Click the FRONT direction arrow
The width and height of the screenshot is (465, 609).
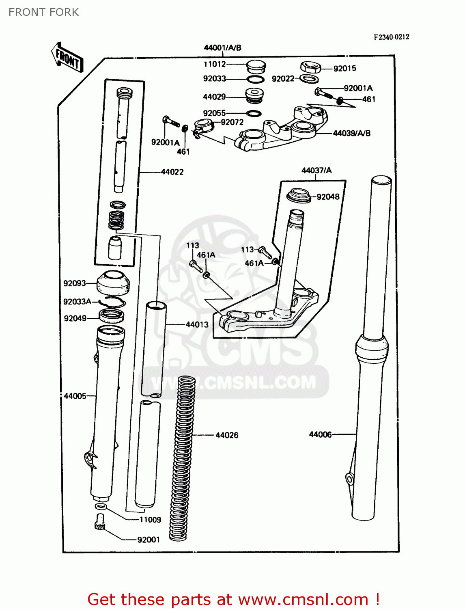tap(67, 58)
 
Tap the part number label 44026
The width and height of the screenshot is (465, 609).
tap(227, 435)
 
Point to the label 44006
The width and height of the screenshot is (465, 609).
tap(320, 434)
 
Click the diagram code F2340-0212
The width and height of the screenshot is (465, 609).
tap(392, 37)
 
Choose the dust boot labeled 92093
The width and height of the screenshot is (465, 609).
tap(114, 283)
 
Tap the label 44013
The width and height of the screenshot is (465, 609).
tap(197, 324)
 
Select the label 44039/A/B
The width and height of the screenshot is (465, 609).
tap(351, 133)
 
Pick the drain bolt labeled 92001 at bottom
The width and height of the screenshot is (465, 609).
tap(99, 521)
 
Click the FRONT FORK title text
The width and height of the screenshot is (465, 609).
tap(44, 12)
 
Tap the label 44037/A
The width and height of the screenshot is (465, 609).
tap(316, 171)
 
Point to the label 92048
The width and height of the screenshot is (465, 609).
tap(328, 197)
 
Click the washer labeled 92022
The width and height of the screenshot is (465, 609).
tap(309, 79)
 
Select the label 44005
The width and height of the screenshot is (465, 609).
tap(75, 396)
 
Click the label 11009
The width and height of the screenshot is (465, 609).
tap(150, 520)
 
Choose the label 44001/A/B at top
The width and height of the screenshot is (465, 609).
tap(222, 48)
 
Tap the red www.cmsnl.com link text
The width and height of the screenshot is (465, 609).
tap(303, 599)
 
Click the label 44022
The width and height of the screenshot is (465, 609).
tap(172, 172)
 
